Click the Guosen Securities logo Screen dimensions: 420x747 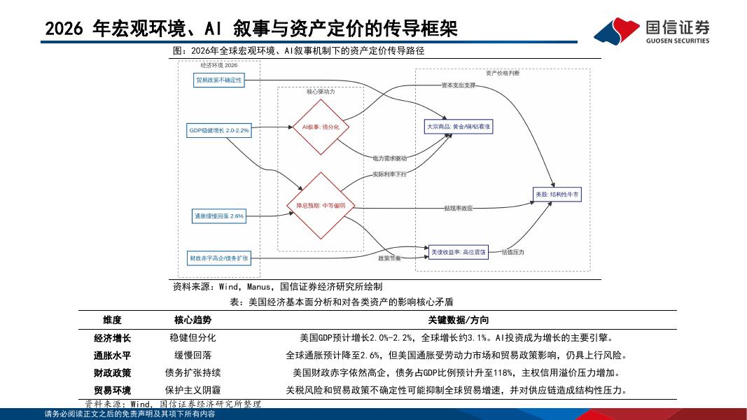tap(651, 30)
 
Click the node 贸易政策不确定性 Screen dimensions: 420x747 tap(219, 80)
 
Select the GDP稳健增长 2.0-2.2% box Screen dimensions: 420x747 tap(219, 130)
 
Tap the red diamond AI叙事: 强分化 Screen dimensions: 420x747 tap(320, 127)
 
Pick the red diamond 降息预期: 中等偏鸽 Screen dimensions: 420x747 tap(320, 206)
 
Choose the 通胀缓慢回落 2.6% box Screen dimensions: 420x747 tap(219, 216)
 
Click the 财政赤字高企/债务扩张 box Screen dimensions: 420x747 tap(219, 258)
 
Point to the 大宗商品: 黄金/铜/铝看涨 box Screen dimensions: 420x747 tap(459, 127)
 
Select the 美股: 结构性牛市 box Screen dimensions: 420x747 tap(557, 195)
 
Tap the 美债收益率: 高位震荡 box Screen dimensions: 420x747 tap(459, 251)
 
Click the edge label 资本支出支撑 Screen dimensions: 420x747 tap(458, 85)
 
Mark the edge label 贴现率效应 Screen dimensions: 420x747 tap(458, 208)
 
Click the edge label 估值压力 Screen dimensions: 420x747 tap(512, 251)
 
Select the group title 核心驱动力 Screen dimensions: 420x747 tap(321, 92)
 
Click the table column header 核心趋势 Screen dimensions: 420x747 tap(193, 320)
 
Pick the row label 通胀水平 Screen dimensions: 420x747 tap(113, 355)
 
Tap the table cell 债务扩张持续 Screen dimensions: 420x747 tap(193, 372)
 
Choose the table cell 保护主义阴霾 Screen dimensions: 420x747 tap(193, 390)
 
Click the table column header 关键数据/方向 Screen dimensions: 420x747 tap(459, 320)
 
